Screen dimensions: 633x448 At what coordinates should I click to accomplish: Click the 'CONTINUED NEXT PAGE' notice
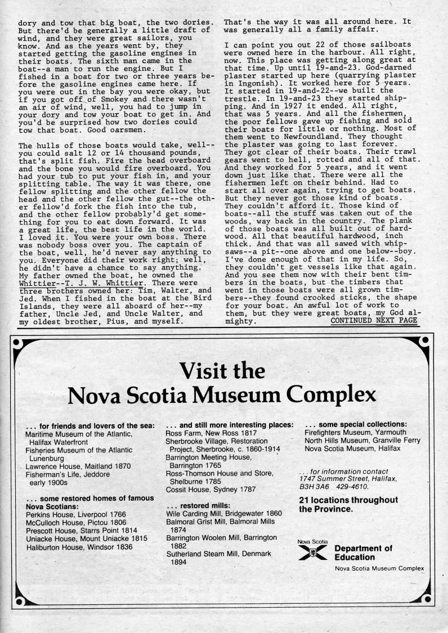[374, 321]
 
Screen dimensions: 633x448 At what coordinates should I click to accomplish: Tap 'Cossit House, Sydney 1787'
[211, 490]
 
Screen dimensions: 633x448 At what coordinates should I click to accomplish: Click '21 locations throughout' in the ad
[348, 500]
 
